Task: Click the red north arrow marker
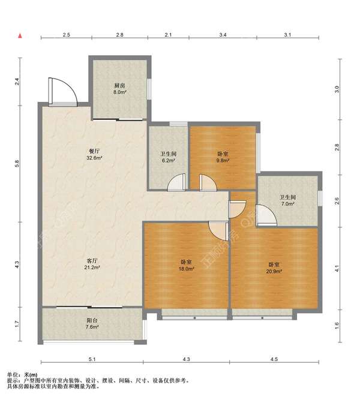20,36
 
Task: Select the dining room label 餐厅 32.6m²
94,155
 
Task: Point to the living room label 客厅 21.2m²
92,264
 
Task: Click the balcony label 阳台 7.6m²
92,323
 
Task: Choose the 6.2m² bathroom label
168,157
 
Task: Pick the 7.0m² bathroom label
288,200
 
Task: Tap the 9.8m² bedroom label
223,157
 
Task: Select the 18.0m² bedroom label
187,265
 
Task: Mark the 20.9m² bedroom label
274,268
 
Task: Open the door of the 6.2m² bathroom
176,182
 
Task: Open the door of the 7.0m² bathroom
266,216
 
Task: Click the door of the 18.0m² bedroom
218,231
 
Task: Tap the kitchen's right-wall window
149,89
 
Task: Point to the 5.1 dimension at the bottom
92,359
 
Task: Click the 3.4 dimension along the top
223,35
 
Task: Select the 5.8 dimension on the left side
17,164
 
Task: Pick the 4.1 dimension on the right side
337,269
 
